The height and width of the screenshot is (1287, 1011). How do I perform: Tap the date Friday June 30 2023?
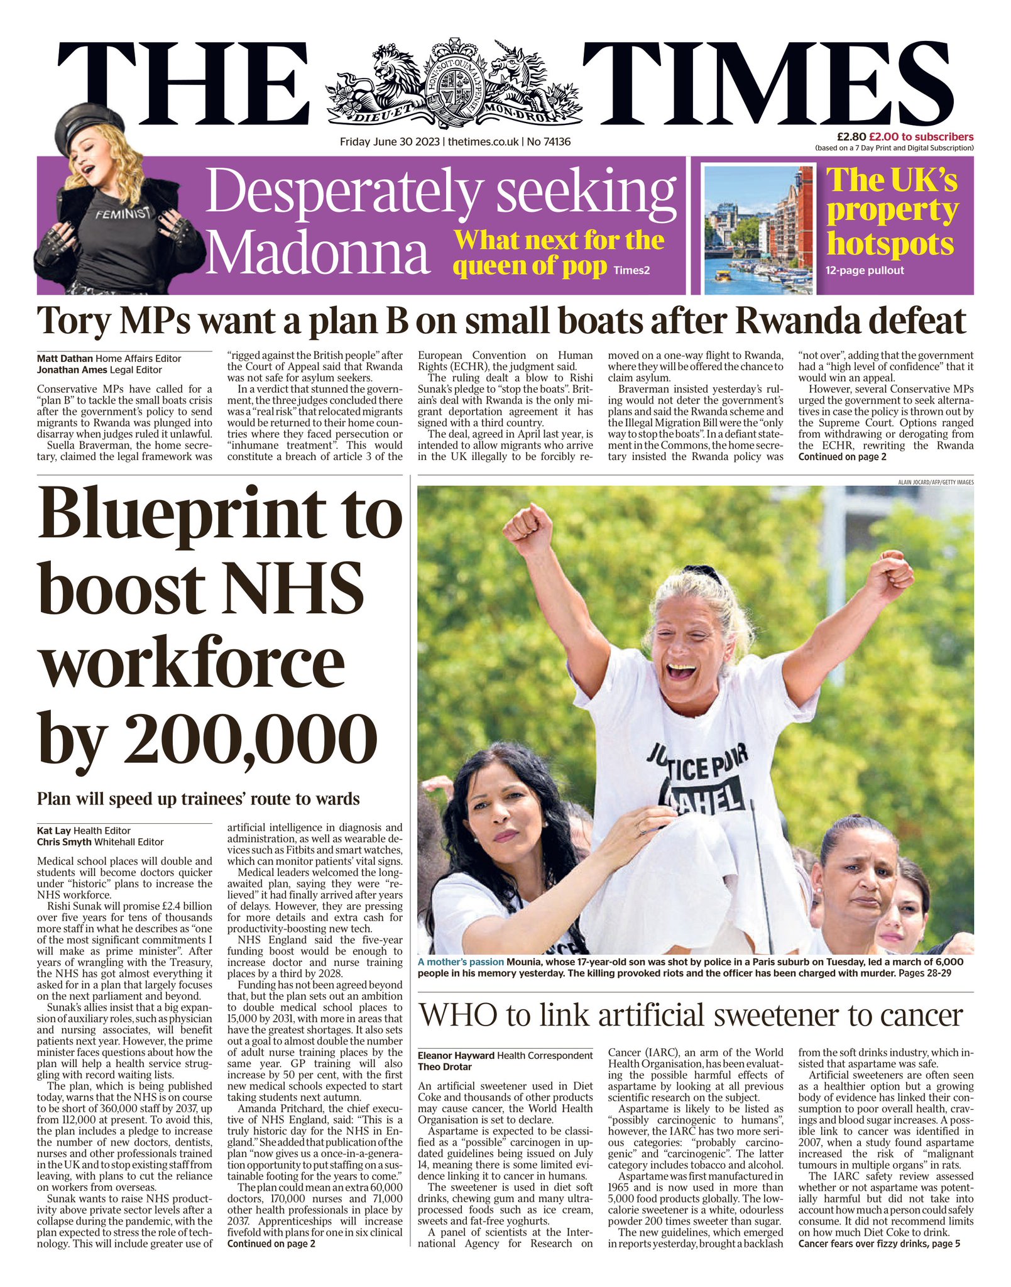point(390,142)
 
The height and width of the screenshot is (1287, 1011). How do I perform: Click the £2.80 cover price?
point(851,137)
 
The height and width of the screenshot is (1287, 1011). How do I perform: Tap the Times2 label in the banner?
point(631,271)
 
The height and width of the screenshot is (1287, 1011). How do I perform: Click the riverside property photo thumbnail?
point(759,229)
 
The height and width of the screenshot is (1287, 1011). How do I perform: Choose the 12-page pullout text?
point(865,271)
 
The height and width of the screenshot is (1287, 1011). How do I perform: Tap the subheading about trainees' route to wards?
point(199,799)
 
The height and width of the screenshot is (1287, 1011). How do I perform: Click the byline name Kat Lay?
point(54,831)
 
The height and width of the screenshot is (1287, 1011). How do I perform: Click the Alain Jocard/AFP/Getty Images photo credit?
point(936,482)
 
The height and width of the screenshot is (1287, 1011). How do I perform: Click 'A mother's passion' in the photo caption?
point(461,961)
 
